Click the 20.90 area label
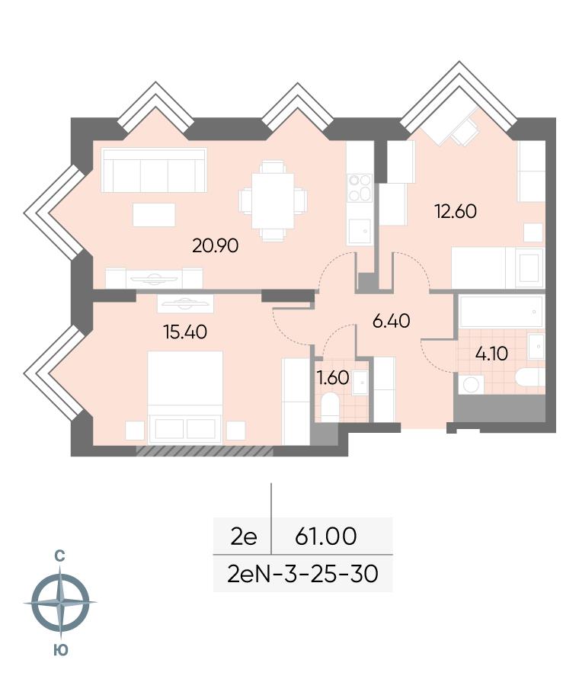(216, 246)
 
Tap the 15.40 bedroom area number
(185, 332)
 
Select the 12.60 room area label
(456, 211)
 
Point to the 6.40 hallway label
(391, 322)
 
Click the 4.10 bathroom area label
(491, 354)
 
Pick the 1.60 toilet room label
(333, 378)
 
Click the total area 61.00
(325, 536)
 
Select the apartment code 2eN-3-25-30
(302, 574)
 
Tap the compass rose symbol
(60, 603)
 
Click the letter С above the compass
(59, 556)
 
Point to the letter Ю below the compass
(61, 650)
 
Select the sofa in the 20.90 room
(154, 170)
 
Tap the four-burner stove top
(360, 187)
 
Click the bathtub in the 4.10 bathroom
(501, 312)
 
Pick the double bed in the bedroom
(185, 398)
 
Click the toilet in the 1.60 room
(330, 408)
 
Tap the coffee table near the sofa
(154, 215)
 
